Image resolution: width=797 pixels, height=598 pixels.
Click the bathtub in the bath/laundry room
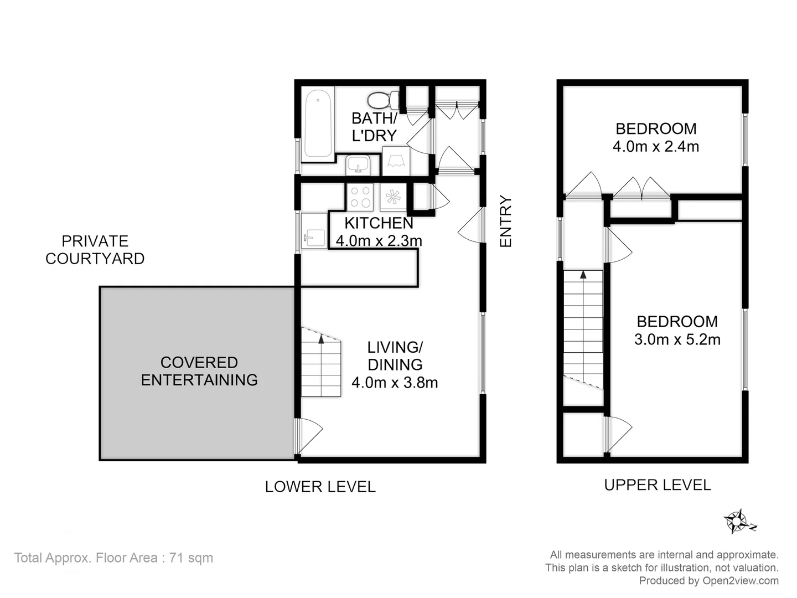[318, 124]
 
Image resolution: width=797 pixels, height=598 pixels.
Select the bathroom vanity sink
[358, 165]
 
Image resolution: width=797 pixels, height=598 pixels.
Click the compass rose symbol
[737, 521]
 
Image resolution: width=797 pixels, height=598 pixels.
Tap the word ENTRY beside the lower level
[506, 221]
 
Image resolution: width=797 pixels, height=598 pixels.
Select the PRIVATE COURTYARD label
[95, 250]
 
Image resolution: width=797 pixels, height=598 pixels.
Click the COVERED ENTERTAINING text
[199, 371]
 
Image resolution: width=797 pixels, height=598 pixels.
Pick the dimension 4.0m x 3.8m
[395, 383]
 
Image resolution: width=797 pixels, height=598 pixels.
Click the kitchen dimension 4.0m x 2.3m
[379, 241]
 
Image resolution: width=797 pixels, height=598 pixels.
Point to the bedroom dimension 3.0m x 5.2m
[677, 339]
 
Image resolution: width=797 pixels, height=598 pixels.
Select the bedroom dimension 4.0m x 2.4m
[656, 147]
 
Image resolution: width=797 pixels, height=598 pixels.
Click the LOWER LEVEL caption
[320, 487]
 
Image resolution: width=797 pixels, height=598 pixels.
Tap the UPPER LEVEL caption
[657, 485]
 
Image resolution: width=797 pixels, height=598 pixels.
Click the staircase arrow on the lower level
[321, 339]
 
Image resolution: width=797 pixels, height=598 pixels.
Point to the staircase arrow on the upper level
[583, 274]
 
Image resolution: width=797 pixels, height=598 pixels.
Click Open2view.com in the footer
[741, 580]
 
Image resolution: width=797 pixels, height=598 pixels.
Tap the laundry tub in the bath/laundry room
[396, 161]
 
